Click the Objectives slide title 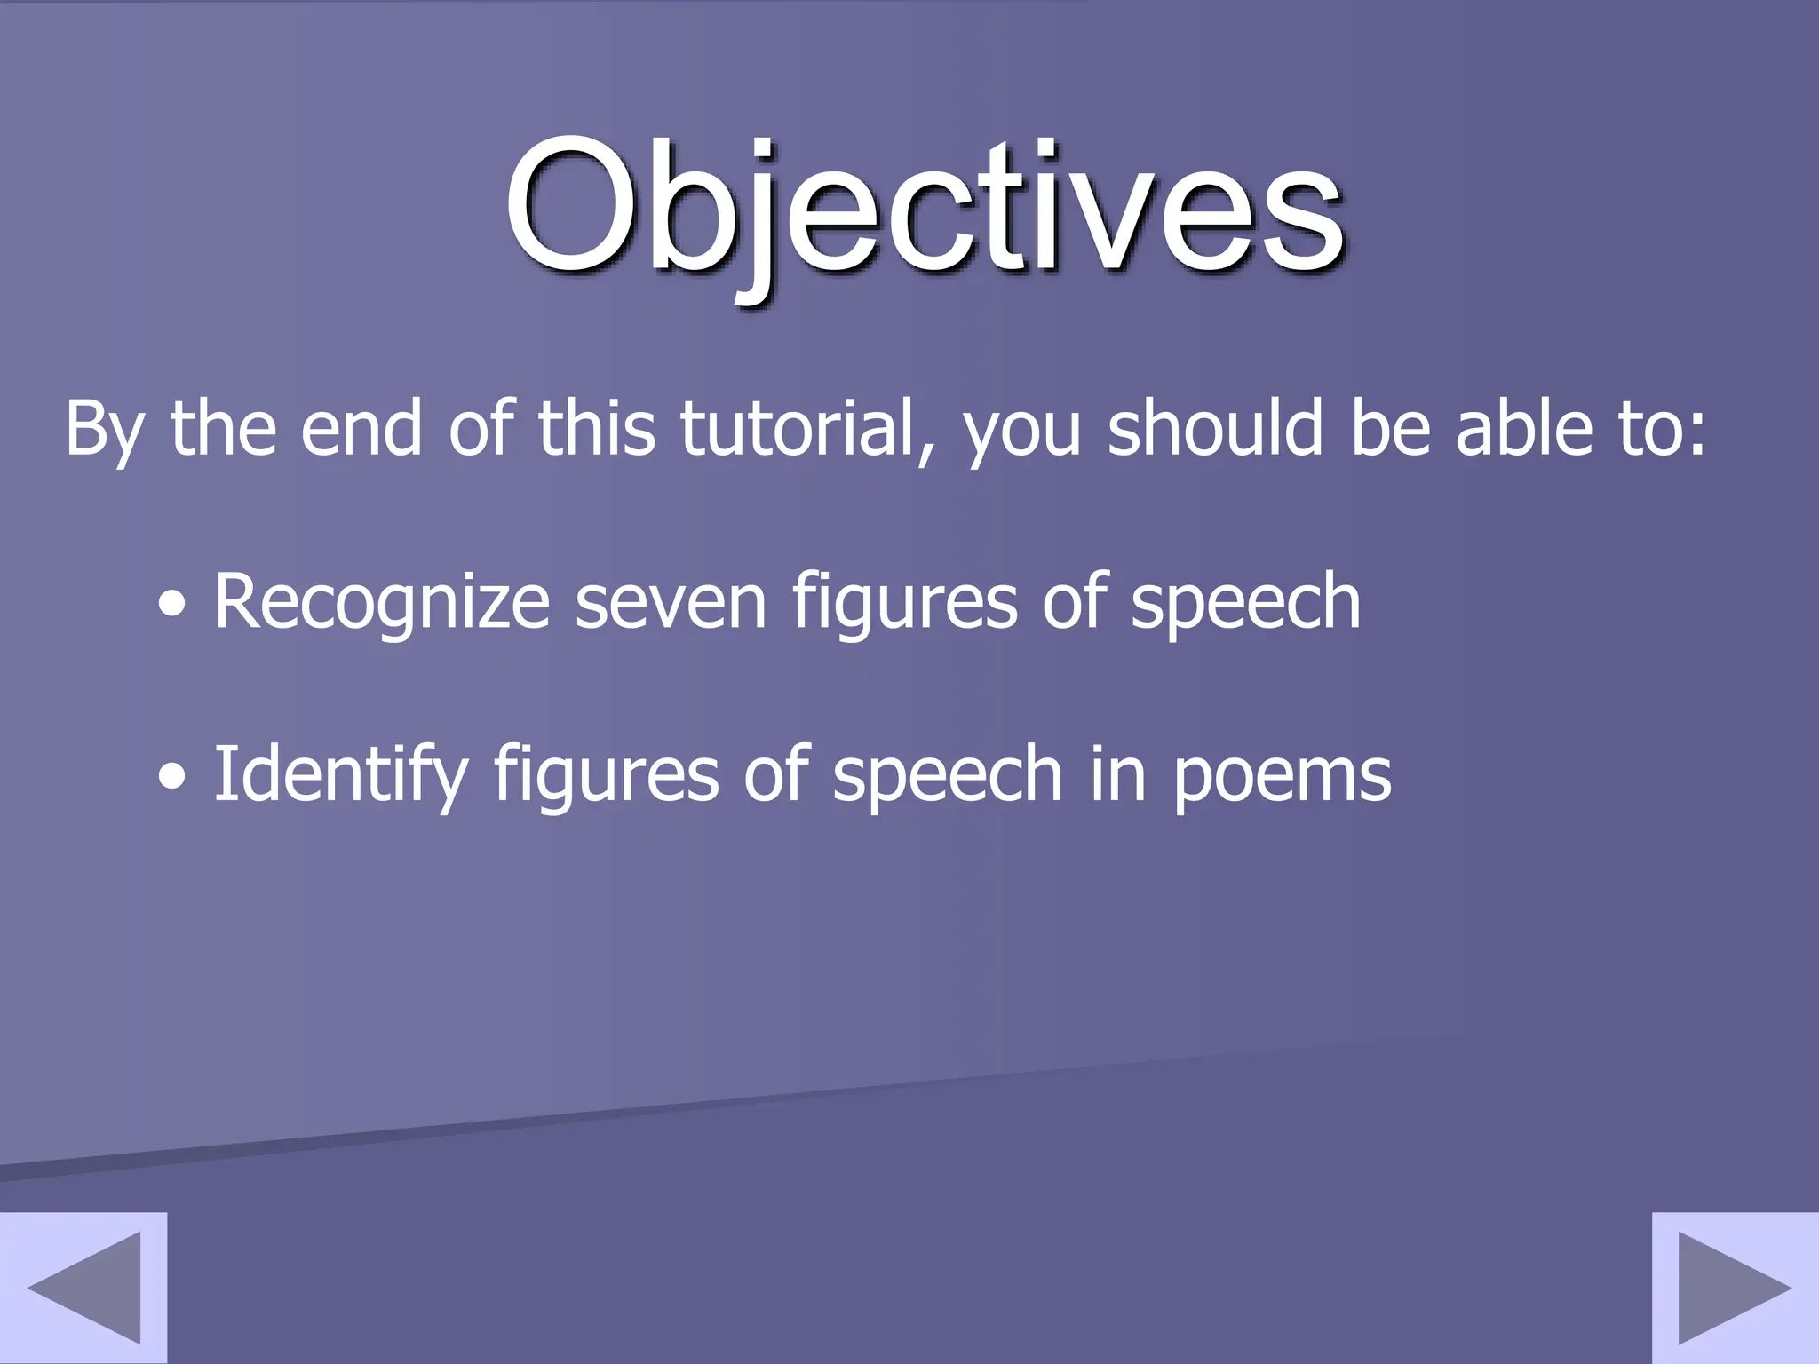pyautogui.click(x=924, y=209)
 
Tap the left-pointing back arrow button pyautogui.click(x=83, y=1287)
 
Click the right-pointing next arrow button pyautogui.click(x=1735, y=1287)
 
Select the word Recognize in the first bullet pyautogui.click(x=382, y=604)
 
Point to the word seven pyautogui.click(x=671, y=604)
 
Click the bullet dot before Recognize pyautogui.click(x=172, y=606)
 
